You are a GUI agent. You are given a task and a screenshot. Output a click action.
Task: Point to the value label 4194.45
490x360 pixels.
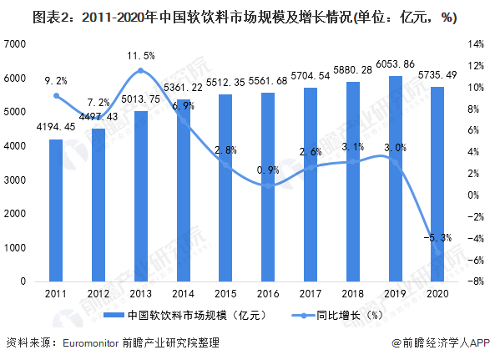coord(55,127)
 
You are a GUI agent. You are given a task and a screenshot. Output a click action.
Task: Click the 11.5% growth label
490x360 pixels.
coord(140,56)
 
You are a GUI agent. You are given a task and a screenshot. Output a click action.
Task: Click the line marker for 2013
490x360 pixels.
coord(140,71)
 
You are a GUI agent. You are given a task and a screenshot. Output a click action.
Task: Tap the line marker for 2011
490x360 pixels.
coord(55,95)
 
